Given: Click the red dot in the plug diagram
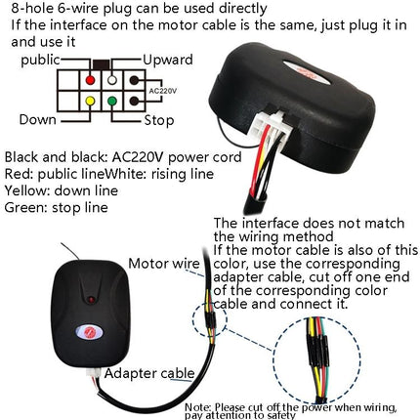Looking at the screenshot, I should coord(91,79).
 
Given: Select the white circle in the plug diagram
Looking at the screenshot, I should coord(111,79).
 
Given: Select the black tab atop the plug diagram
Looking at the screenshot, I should coord(102,61).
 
